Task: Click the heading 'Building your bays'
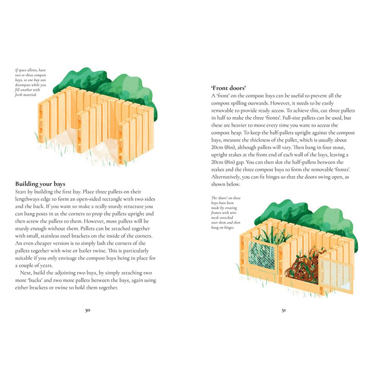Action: tap(40, 184)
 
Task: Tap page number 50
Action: tap(88, 310)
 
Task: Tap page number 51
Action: tap(283, 310)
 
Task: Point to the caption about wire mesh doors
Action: tap(222, 213)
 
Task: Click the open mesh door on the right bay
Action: tap(335, 274)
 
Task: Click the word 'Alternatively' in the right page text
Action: tap(225, 177)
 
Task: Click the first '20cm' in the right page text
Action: tap(218, 140)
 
